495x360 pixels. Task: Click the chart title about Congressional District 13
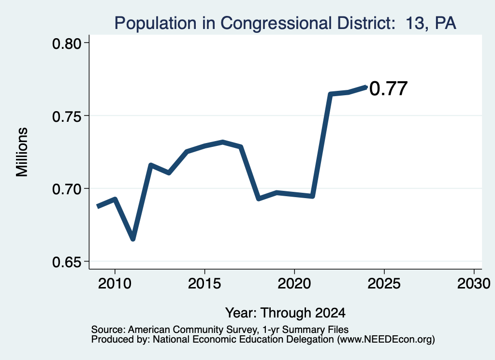click(x=285, y=23)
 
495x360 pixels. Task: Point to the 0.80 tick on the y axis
click(x=67, y=43)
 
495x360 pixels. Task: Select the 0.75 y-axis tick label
click(x=67, y=116)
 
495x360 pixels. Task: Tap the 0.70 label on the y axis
click(x=67, y=189)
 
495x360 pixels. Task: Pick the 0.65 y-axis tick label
click(x=67, y=262)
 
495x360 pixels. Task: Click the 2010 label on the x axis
click(x=115, y=284)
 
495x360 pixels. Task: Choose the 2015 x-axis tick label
click(x=204, y=284)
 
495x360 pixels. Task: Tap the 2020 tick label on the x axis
click(x=294, y=284)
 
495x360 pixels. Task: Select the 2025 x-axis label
click(x=384, y=284)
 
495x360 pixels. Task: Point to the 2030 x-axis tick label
click(x=474, y=284)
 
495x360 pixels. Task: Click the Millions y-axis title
click(x=22, y=152)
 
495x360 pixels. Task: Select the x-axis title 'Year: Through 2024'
click(x=285, y=313)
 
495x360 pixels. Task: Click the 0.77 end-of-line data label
click(x=388, y=88)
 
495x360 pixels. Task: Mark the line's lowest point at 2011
click(x=133, y=239)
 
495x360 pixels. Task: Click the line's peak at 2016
click(x=222, y=142)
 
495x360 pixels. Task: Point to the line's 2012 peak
click(x=151, y=165)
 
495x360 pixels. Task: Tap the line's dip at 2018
click(x=259, y=199)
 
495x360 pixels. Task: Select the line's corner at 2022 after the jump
click(x=330, y=94)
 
